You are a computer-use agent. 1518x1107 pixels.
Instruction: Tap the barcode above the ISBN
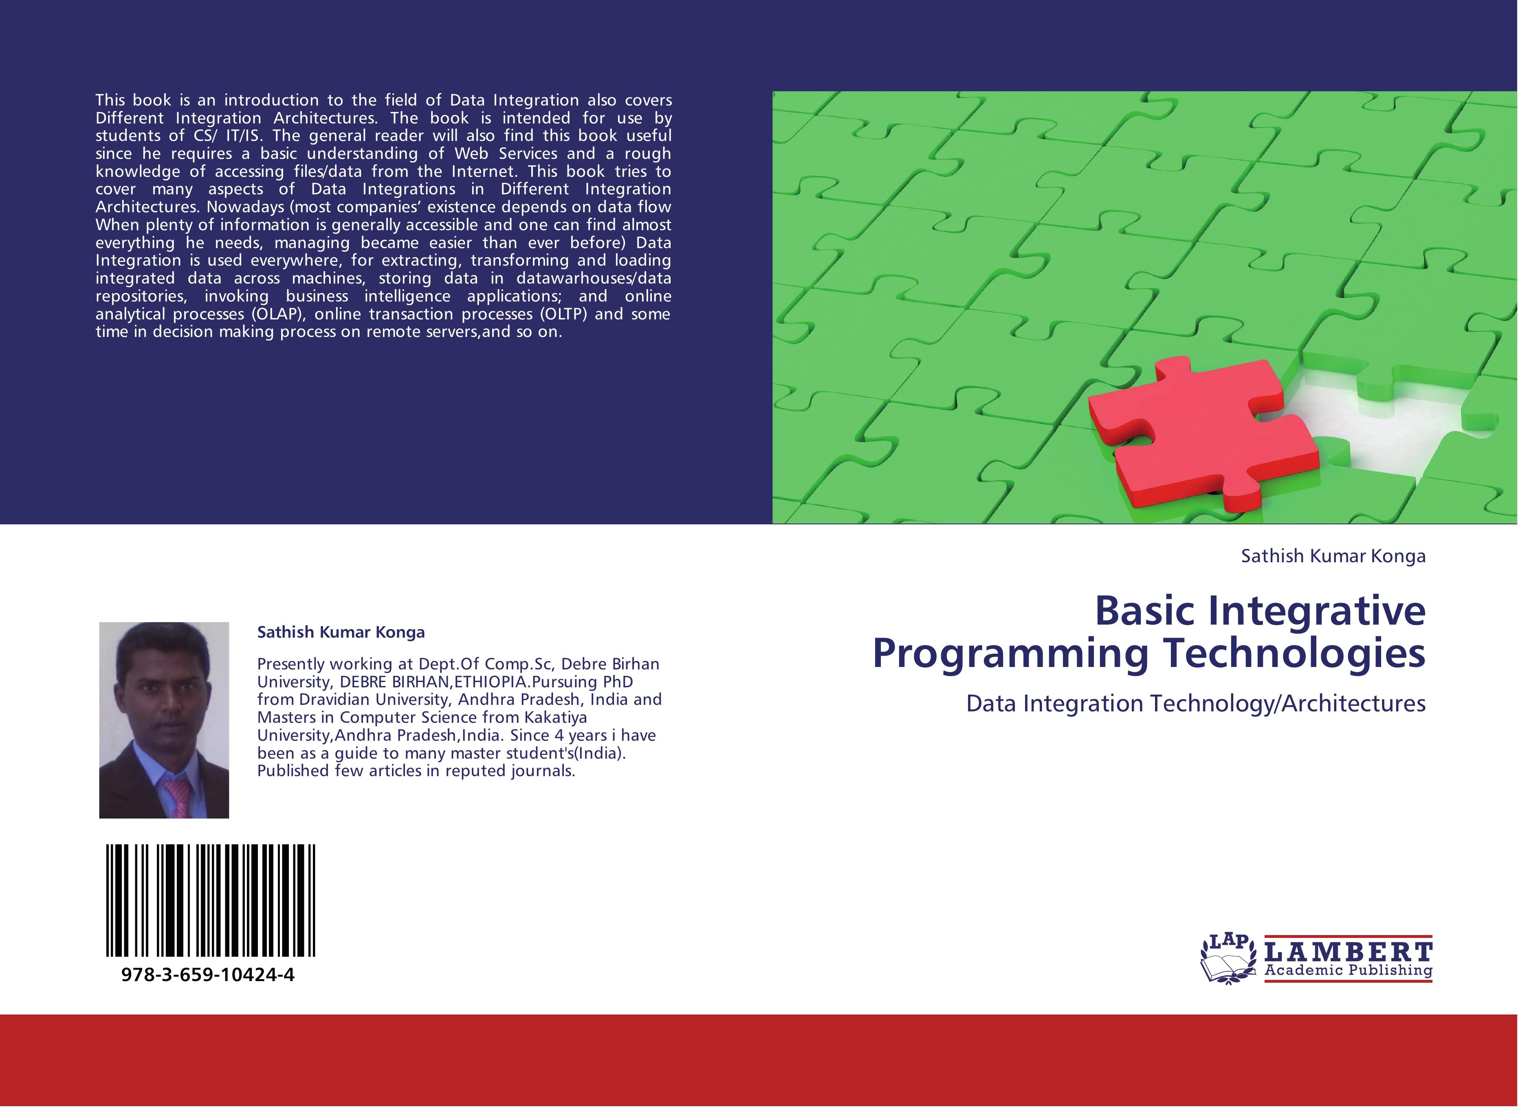tap(210, 900)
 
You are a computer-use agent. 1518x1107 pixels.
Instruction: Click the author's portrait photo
tap(164, 720)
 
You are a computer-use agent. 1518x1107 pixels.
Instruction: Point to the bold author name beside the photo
tap(341, 632)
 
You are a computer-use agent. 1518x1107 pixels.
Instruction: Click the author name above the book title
tap(1333, 556)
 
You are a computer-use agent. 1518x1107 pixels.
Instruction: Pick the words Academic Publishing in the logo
tap(1349, 970)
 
